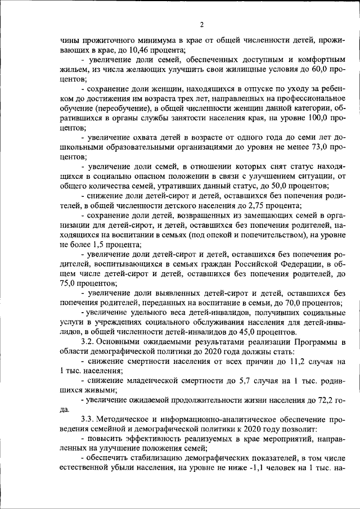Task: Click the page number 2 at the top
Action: coord(200,24)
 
